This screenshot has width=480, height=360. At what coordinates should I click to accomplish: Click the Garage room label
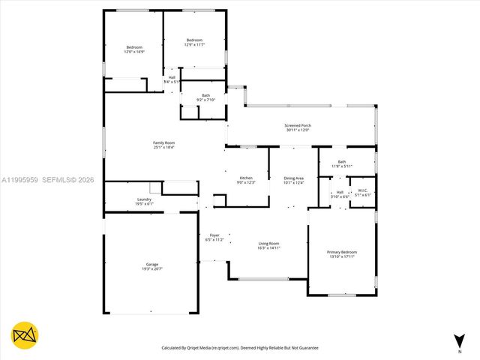point(152,264)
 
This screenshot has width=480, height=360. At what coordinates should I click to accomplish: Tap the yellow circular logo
point(25,335)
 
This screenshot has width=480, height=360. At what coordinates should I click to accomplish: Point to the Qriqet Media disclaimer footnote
point(240,348)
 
